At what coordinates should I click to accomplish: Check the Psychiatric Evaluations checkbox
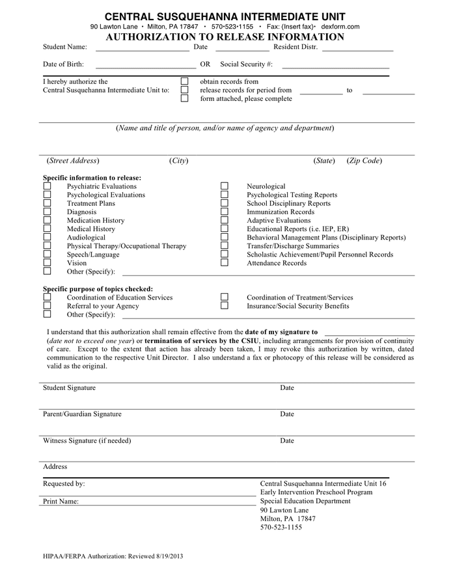[47, 186]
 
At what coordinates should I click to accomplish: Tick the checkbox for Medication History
[47, 221]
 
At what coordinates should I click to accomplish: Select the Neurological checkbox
[225, 186]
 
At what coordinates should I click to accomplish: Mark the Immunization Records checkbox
[225, 212]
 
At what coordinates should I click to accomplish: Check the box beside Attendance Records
[225, 263]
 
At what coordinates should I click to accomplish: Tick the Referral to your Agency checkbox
[47, 306]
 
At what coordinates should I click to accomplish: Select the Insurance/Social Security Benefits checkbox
[225, 306]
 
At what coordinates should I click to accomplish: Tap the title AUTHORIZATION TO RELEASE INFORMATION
[225, 37]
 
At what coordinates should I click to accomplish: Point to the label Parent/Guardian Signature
[82, 414]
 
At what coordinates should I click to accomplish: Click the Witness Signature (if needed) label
[87, 441]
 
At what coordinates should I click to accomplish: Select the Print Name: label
[61, 501]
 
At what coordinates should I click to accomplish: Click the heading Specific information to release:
[92, 177]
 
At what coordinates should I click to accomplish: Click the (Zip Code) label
[364, 161]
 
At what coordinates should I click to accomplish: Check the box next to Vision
[47, 263]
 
